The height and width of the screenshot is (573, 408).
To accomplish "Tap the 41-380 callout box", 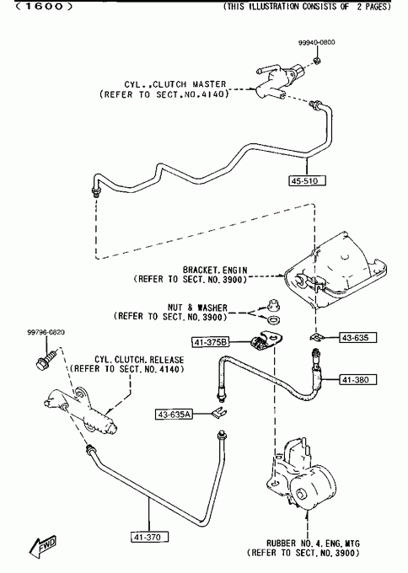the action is click(358, 380).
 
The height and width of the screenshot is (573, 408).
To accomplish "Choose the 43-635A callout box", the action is click(174, 415).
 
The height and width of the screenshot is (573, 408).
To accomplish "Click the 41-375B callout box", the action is click(211, 342).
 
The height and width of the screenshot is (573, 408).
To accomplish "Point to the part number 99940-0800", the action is click(317, 42).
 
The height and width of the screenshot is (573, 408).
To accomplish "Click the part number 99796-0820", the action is click(46, 332).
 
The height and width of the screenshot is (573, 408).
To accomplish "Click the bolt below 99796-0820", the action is click(46, 359).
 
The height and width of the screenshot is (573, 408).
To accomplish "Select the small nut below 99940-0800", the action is click(317, 61).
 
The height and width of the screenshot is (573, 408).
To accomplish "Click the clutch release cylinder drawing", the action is click(80, 410).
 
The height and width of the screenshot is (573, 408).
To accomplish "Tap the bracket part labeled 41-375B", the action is click(266, 340).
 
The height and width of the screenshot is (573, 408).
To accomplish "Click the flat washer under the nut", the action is click(273, 320).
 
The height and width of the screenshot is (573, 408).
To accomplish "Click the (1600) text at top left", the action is click(44, 6).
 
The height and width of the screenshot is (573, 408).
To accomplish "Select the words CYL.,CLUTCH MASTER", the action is click(174, 84).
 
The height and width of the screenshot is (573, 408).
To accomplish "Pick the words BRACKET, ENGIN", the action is click(215, 270).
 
